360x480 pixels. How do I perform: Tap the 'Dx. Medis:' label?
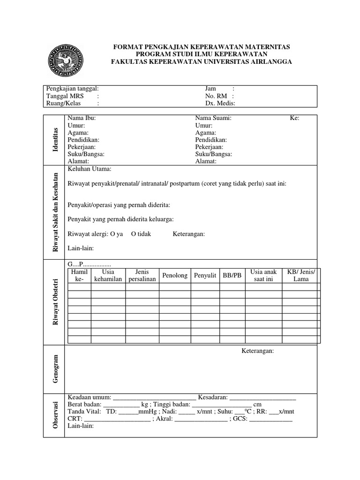[220, 104]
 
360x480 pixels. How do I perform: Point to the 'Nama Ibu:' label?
[82, 119]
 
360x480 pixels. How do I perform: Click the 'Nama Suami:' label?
[213, 119]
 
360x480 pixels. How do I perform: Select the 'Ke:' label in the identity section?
[294, 119]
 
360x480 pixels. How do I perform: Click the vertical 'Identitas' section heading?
[56, 139]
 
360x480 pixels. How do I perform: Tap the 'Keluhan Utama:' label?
[90, 169]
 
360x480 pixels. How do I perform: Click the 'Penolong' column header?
[175, 275]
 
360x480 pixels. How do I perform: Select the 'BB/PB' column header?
[232, 275]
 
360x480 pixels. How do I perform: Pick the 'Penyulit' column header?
[205, 275]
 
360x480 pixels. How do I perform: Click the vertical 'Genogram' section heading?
[56, 368]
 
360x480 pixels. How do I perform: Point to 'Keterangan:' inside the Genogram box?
[258, 351]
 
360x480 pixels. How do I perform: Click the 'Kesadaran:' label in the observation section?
[213, 397]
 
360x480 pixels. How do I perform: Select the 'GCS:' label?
[240, 419]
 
